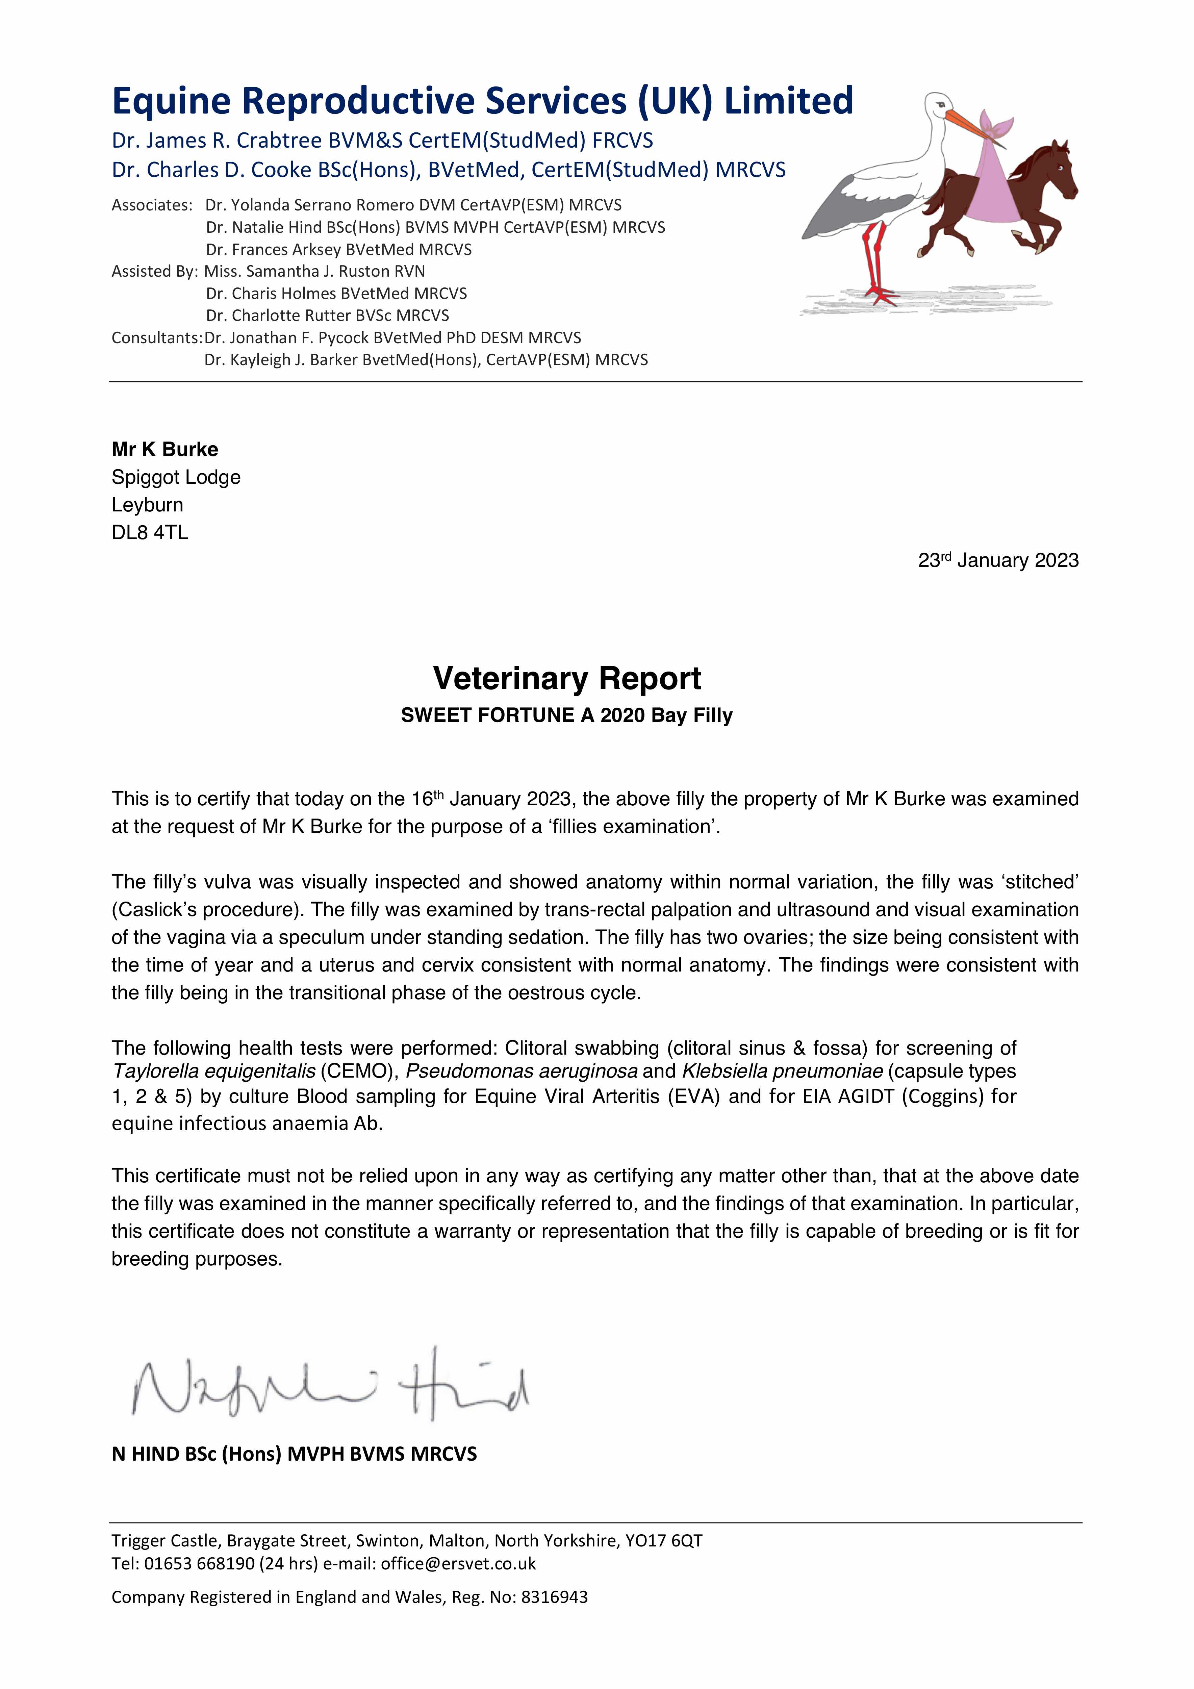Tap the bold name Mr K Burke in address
click(165, 450)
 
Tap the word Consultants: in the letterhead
click(156, 338)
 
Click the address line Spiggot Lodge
click(176, 477)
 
